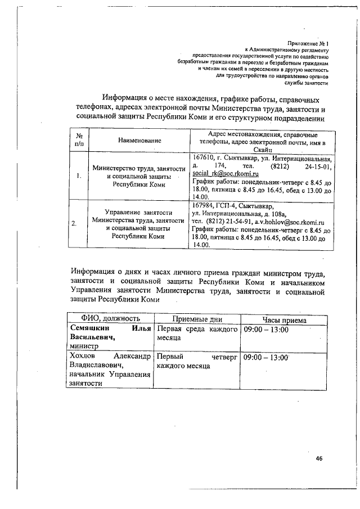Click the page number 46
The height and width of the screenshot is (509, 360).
[x=318, y=459]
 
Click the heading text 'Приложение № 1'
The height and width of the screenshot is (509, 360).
[x=308, y=43]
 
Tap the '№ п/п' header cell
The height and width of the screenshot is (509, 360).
[x=78, y=139]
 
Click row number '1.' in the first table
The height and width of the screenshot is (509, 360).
[x=78, y=176]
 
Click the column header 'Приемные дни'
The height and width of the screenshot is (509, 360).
[x=197, y=320]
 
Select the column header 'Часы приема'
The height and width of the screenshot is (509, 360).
[x=284, y=320]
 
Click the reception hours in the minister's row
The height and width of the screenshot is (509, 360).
[x=264, y=330]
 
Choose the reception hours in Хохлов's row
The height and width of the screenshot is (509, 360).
[x=264, y=357]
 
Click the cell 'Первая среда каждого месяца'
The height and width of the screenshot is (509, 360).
[x=197, y=334]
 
